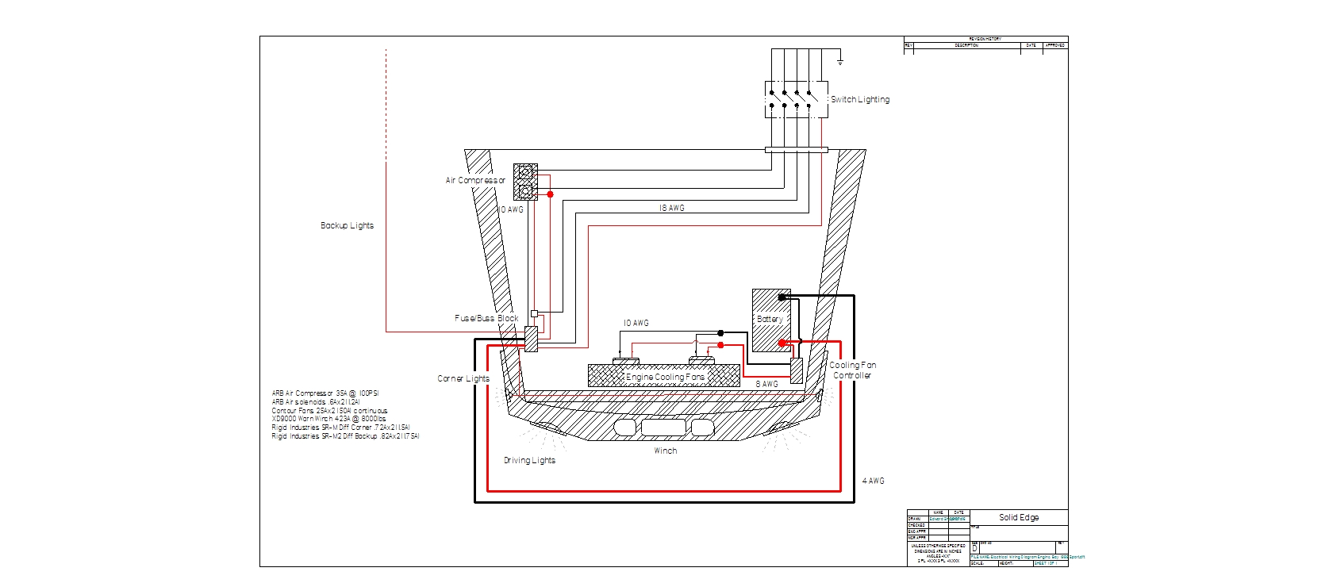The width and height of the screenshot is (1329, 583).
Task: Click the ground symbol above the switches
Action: [840, 61]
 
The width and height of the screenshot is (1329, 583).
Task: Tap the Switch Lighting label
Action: [860, 100]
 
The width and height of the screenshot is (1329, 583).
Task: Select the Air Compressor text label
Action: [475, 181]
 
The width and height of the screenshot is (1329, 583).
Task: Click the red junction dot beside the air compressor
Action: [550, 194]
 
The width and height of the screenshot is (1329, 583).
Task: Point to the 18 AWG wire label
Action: [671, 208]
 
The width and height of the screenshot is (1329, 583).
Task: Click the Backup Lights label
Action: [347, 226]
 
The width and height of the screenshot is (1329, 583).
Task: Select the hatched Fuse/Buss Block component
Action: [532, 339]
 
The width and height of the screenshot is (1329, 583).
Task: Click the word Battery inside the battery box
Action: [770, 319]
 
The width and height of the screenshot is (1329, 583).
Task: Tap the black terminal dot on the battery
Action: [782, 297]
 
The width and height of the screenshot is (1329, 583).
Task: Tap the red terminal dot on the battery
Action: [782, 343]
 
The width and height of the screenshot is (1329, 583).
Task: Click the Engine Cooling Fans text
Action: [665, 378]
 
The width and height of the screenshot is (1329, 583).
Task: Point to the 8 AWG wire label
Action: [766, 384]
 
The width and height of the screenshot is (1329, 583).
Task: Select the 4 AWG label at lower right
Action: [873, 481]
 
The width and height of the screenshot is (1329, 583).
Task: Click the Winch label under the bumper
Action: [665, 451]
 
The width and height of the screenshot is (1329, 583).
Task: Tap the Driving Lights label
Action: [529, 460]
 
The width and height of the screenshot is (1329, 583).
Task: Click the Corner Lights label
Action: [463, 378]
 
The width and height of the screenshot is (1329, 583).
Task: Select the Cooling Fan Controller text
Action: [853, 370]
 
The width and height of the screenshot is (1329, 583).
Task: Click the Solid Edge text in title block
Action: [1019, 517]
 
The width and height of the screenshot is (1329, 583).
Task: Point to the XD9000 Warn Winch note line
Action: [328, 419]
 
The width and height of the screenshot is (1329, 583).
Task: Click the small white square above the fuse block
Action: [534, 313]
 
